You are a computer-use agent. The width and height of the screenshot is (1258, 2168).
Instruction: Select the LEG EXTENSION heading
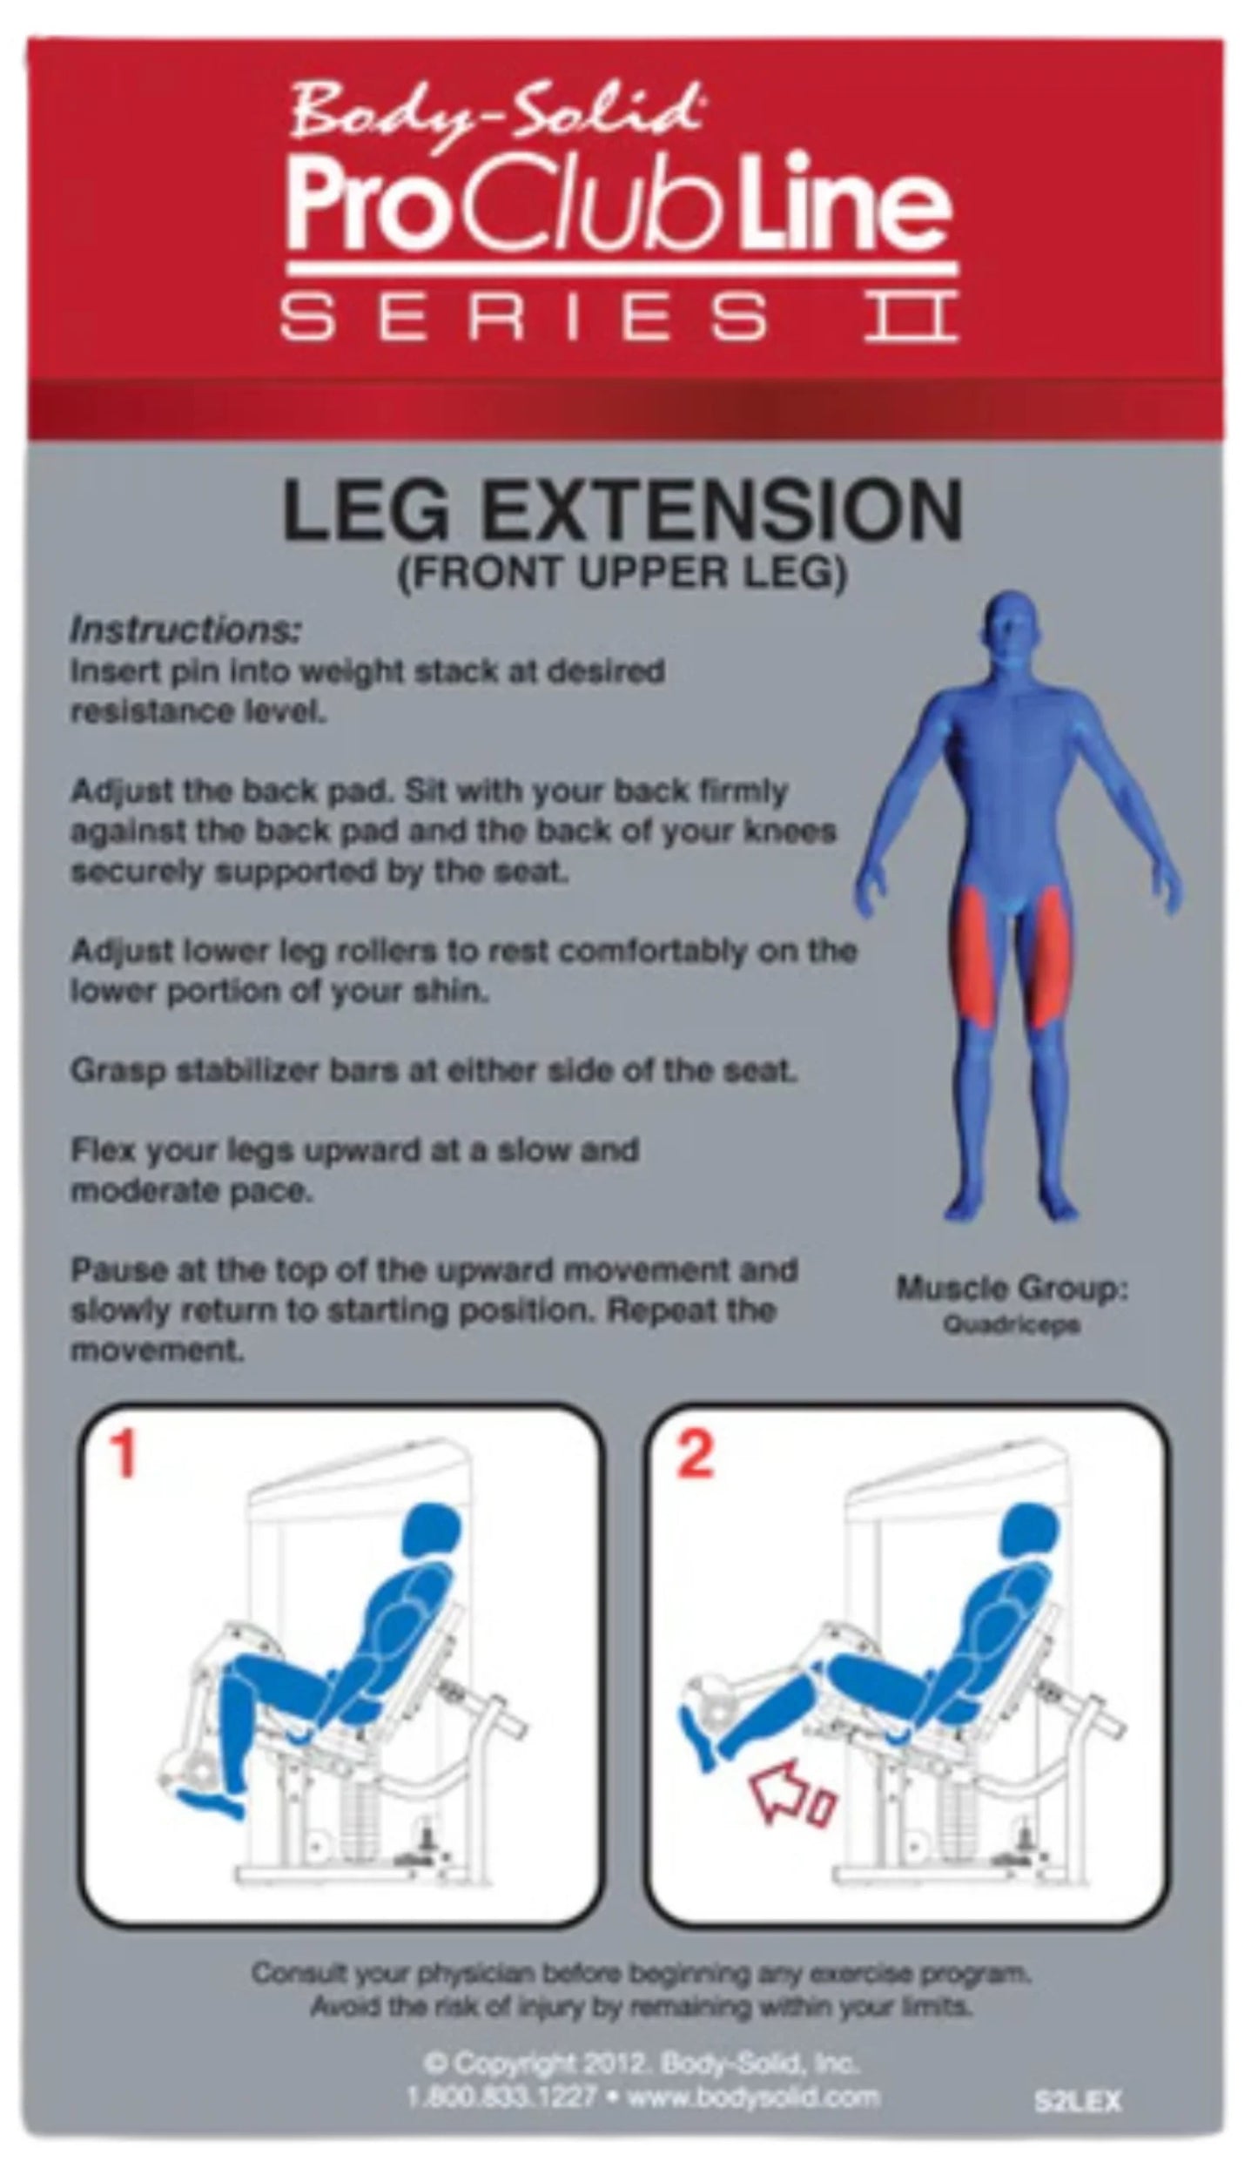pos(622,514)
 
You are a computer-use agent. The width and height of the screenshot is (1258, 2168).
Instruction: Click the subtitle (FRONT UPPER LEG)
pos(622,576)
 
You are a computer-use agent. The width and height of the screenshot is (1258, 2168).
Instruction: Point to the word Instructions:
pos(185,630)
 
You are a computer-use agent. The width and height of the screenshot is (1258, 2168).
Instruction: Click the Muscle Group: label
pos(1012,1289)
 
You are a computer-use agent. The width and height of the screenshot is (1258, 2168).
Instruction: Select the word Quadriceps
pos(1012,1326)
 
